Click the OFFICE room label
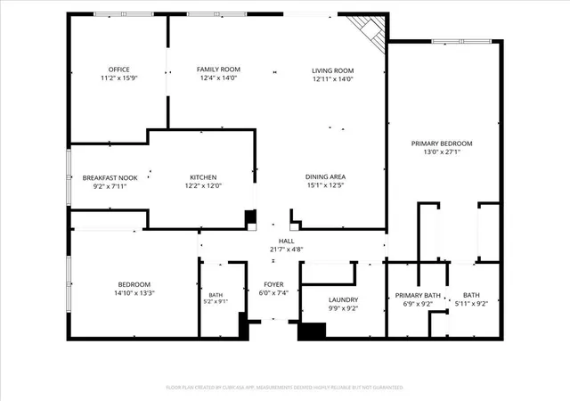click(x=118, y=70)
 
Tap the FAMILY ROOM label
click(x=218, y=70)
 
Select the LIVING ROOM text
click(x=332, y=70)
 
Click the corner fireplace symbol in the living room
click(x=366, y=34)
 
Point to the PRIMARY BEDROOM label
click(x=442, y=143)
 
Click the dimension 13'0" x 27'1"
click(x=442, y=152)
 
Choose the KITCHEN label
click(x=203, y=177)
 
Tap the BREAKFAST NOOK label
click(x=110, y=178)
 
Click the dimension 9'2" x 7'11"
click(x=110, y=186)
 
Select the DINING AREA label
click(x=325, y=176)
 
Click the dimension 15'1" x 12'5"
click(x=325, y=185)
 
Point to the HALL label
click(x=287, y=241)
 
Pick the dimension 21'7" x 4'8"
click(x=287, y=250)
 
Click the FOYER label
click(x=273, y=284)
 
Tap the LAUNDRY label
click(x=343, y=299)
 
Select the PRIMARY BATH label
click(x=418, y=296)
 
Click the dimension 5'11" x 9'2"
click(x=471, y=304)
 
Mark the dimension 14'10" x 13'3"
click(x=134, y=293)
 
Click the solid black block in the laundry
click(x=312, y=331)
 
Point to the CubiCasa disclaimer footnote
click(x=285, y=388)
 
